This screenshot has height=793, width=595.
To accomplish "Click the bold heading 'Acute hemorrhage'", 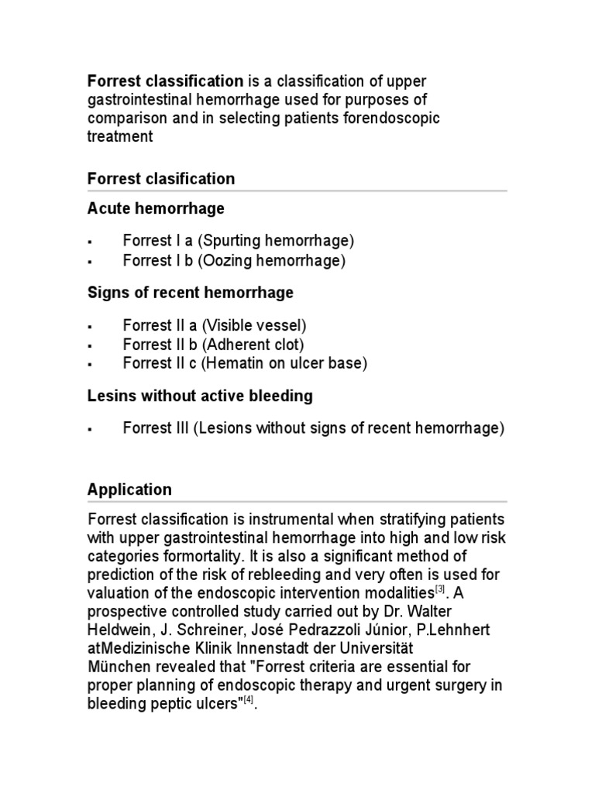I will [156, 208].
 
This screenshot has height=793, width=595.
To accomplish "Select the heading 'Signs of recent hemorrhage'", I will [191, 293].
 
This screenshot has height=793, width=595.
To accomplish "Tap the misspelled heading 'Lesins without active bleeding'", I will [200, 396].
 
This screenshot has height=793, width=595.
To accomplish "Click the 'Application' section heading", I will [129, 489].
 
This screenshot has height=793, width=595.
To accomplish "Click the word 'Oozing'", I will [224, 261].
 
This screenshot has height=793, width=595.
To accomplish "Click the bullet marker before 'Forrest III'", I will [91, 429].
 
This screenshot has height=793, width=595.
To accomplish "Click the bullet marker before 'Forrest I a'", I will [91, 242].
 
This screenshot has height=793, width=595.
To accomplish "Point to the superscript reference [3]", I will [439, 589].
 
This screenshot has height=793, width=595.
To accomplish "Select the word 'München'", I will [118, 667].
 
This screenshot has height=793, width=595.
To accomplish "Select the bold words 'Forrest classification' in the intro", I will [165, 81].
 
